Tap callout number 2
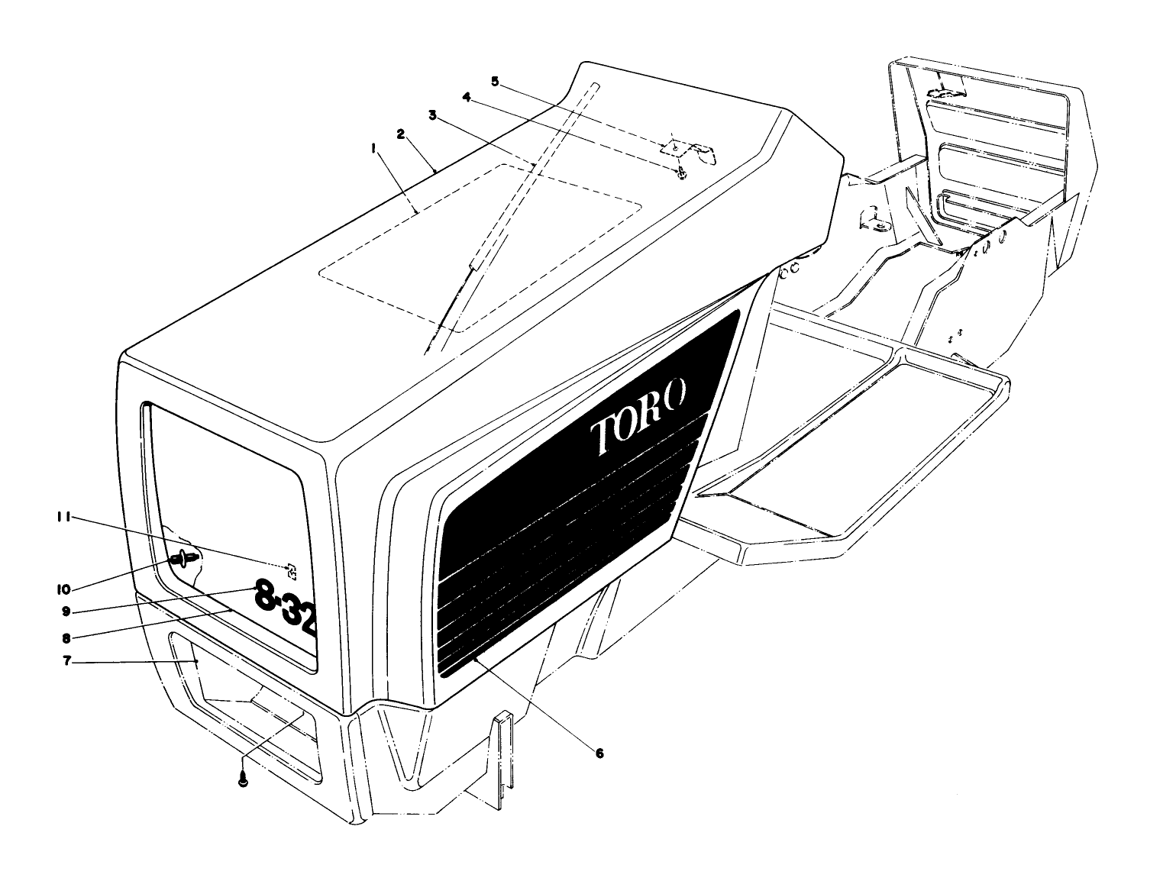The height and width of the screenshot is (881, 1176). [x=400, y=133]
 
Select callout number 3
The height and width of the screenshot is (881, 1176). [x=432, y=115]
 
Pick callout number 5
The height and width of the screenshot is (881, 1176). [x=495, y=80]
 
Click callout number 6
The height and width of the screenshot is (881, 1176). [x=599, y=754]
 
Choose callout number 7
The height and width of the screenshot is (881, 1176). [x=67, y=661]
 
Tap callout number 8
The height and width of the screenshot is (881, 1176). [x=67, y=637]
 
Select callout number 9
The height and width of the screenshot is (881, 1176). [x=67, y=612]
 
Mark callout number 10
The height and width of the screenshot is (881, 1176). [x=63, y=589]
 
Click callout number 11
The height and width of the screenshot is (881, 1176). [x=63, y=518]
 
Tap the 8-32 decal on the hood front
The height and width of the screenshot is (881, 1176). [x=285, y=612]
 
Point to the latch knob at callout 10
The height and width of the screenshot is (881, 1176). [x=183, y=560]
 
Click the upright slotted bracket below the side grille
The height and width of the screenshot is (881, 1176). [x=503, y=760]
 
